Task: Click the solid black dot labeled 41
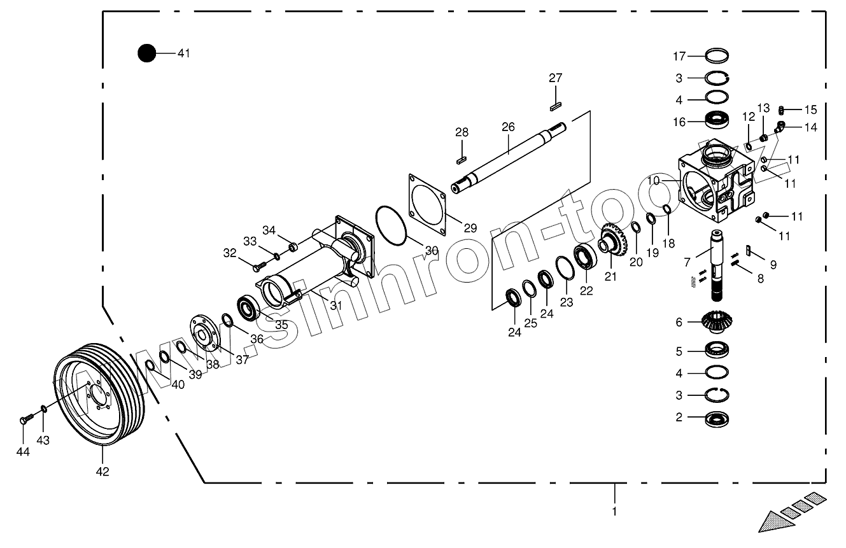pyautogui.click(x=146, y=53)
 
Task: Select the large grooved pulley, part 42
pyautogui.click(x=99, y=394)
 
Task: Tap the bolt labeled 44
pyautogui.click(x=25, y=419)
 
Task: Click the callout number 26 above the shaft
pyautogui.click(x=508, y=127)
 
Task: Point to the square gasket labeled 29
pyautogui.click(x=427, y=204)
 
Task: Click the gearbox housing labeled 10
pyautogui.click(x=716, y=181)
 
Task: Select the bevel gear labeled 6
pyautogui.click(x=717, y=322)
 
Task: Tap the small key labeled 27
pyautogui.click(x=556, y=106)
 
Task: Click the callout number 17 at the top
pyautogui.click(x=679, y=56)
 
